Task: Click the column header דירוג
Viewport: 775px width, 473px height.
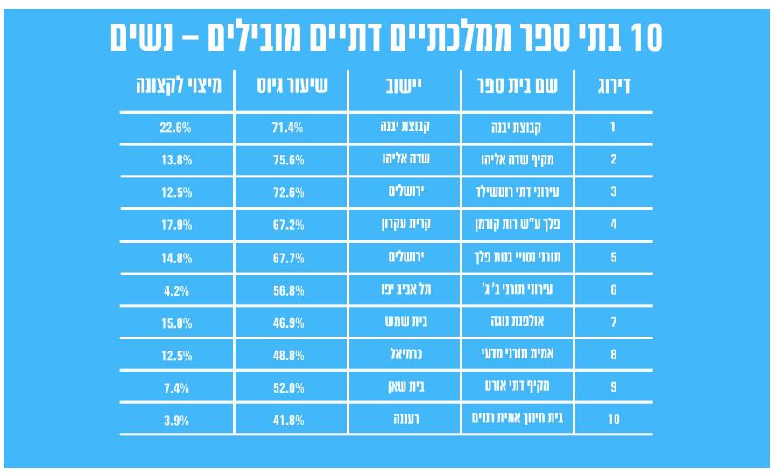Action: point(613,88)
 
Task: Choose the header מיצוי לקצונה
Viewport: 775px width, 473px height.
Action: point(178,88)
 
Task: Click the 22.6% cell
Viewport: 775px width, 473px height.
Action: point(175,128)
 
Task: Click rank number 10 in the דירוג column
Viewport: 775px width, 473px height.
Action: point(613,420)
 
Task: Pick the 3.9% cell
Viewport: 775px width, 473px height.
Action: point(175,420)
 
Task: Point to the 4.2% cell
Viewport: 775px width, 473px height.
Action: point(175,289)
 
